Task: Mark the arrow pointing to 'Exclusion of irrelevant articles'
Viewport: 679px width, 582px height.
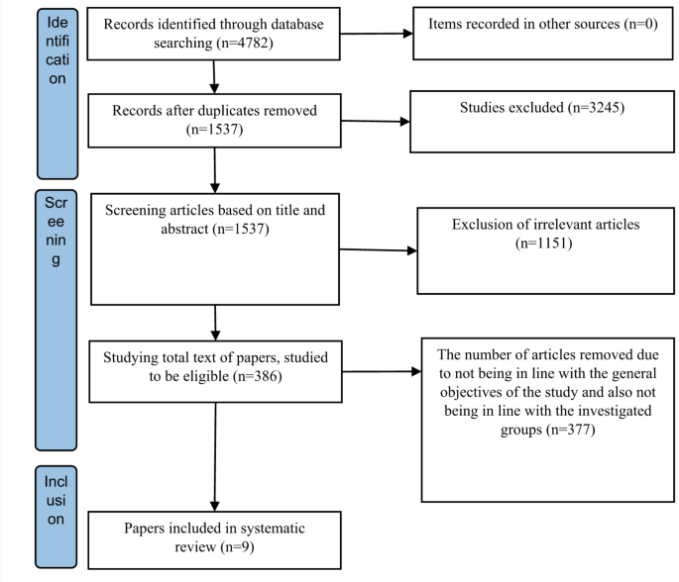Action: pyautogui.click(x=381, y=250)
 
